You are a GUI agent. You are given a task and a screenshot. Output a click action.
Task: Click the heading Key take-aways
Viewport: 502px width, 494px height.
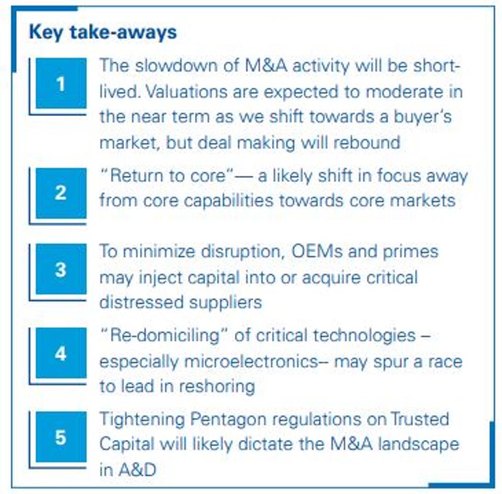click(103, 32)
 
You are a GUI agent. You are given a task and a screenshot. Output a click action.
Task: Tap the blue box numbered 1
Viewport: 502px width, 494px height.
click(61, 83)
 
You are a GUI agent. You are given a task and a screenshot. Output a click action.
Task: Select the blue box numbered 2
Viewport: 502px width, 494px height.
click(61, 193)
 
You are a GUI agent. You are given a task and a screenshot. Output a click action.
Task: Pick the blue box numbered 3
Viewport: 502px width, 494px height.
click(61, 269)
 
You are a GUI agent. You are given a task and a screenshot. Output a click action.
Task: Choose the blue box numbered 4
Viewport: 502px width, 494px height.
click(61, 353)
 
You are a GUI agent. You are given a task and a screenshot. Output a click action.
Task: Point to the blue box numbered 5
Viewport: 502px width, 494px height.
click(61, 437)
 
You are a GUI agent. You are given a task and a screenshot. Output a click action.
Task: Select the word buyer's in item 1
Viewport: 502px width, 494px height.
click(422, 117)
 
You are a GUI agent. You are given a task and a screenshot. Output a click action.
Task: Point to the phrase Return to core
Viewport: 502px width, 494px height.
click(168, 176)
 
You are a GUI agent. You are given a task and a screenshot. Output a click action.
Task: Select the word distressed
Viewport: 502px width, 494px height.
click(141, 302)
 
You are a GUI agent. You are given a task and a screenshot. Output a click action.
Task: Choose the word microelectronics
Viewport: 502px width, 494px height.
click(251, 362)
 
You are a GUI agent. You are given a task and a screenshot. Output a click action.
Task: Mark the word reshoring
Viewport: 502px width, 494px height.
click(217, 387)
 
